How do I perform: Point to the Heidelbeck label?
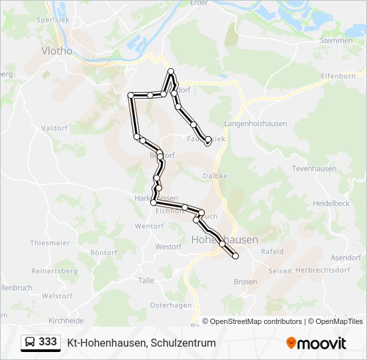[x=331, y=202]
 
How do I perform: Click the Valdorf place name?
[x=54, y=127]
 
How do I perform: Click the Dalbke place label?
[x=215, y=176]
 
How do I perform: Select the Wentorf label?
[x=149, y=226]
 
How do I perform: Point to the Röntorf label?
[x=103, y=253]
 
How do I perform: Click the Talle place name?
[x=146, y=281]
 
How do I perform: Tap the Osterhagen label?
[x=166, y=305]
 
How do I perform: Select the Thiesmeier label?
[x=50, y=243]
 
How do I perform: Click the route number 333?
[x=47, y=342]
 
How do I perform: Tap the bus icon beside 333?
[x=30, y=342]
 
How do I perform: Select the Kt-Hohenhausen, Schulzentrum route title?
[x=141, y=343]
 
